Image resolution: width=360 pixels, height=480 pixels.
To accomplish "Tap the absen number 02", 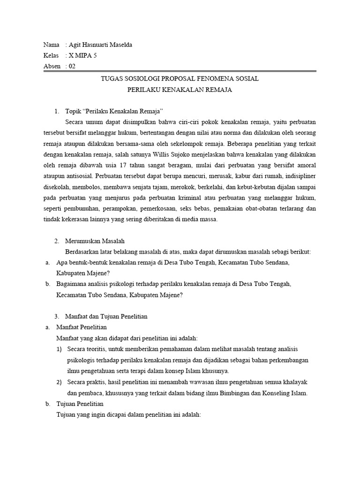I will [72, 66].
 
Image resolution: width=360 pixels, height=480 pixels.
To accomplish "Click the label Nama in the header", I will [51, 45].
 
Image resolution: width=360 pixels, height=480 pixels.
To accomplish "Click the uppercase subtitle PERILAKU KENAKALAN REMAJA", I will [180, 90].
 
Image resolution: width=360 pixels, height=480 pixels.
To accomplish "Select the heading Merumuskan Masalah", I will [95, 241].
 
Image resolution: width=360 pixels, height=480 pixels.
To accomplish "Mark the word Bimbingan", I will [228, 393].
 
